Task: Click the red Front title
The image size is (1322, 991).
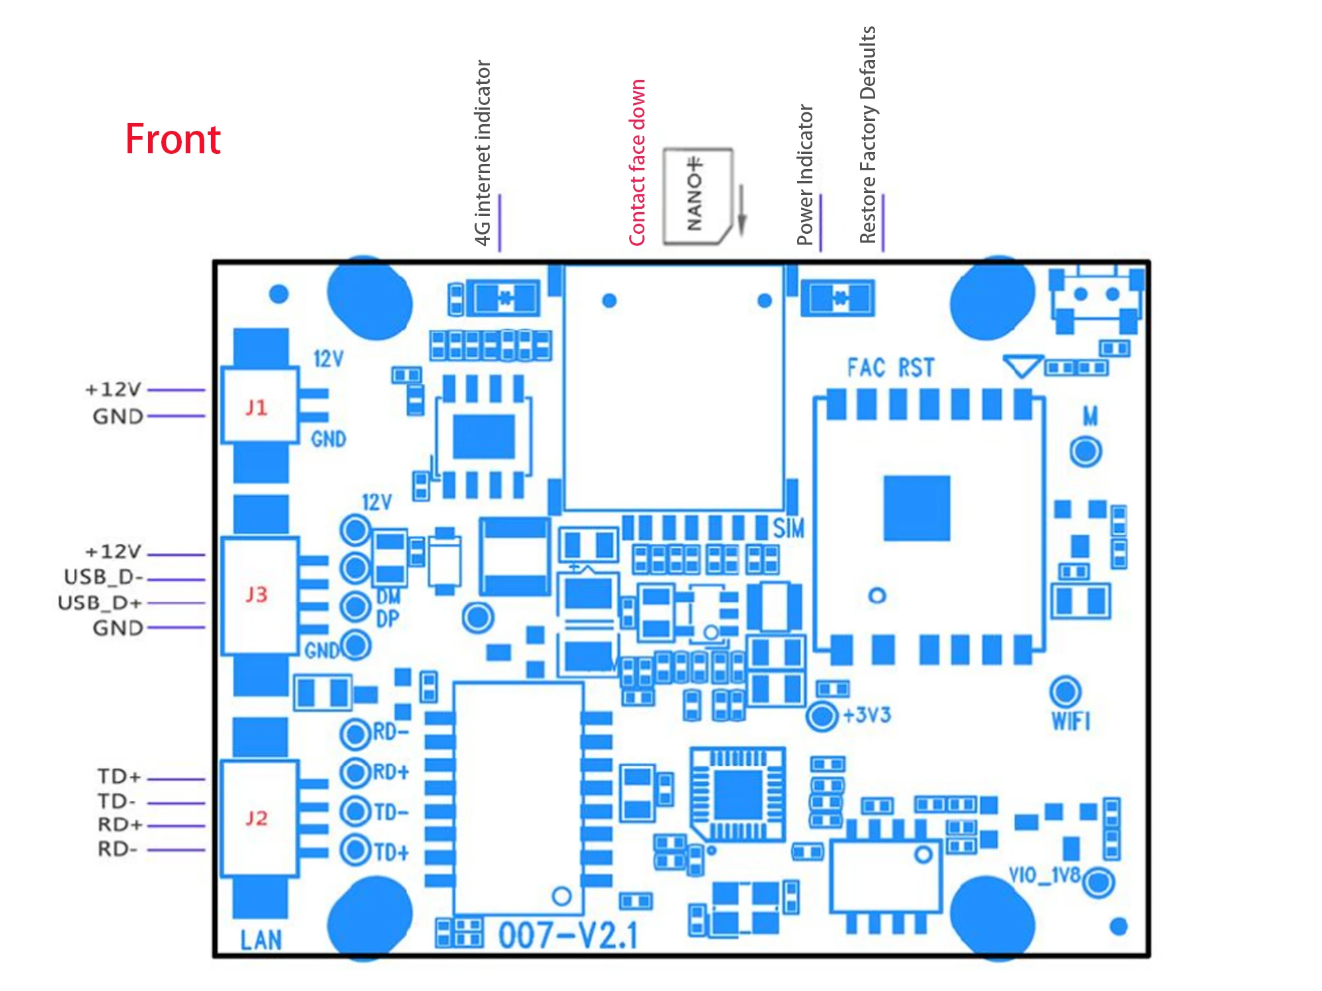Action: pos(173,139)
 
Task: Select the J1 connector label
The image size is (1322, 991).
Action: pos(256,407)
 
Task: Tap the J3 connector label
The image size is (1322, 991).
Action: pos(256,594)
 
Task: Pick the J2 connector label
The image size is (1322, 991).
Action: pos(256,818)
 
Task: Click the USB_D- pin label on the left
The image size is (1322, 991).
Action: pos(104,577)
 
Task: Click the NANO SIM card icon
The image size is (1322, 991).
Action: pos(697,196)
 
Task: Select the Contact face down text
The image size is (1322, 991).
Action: pos(637,163)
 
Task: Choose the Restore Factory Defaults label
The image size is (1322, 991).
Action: pos(868,135)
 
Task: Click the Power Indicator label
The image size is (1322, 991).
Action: pos(805,175)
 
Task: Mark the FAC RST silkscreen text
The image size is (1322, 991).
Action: pos(891,367)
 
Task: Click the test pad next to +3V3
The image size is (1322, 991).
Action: pos(822,716)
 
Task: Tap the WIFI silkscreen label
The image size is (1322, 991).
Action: pos(1071,721)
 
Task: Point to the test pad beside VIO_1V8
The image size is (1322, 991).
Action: pos(1099,882)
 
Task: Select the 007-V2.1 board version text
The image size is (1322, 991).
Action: pos(568,936)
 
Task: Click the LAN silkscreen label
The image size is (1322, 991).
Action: pos(261,939)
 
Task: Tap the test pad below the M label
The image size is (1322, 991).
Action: pos(1085,452)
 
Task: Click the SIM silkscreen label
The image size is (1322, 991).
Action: pos(789,528)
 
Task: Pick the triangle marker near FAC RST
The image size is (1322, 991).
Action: pos(1022,365)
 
